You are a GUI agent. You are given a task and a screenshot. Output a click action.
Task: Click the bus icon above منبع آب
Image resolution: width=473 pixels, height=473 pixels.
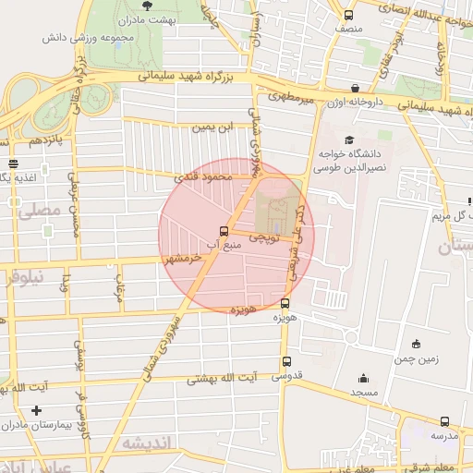(x=224, y=231)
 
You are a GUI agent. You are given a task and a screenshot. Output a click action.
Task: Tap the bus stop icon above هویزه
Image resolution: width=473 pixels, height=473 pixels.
(x=285, y=303)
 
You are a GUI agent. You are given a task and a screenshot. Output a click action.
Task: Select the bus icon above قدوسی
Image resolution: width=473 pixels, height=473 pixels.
(x=286, y=362)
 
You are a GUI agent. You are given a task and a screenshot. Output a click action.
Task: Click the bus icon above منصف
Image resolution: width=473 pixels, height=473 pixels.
(x=348, y=15)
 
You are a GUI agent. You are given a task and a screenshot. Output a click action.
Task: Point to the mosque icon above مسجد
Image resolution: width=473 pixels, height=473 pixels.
(x=363, y=377)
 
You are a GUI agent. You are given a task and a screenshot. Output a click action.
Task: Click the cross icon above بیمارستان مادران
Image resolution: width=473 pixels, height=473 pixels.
(x=36, y=409)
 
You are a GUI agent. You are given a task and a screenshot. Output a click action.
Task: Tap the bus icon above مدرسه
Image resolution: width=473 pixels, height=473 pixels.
(x=445, y=421)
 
